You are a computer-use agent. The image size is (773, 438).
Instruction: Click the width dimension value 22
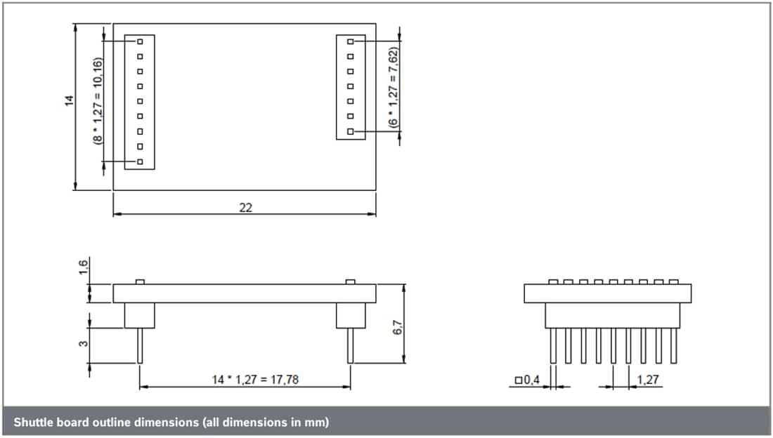pos(245,208)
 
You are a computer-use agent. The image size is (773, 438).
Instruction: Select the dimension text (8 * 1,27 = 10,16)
pos(98,101)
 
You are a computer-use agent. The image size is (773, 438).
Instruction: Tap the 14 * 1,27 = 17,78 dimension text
pos(245,379)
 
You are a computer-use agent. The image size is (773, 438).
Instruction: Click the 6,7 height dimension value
pos(397,327)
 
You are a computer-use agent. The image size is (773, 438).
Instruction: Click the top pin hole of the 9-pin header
pos(140,42)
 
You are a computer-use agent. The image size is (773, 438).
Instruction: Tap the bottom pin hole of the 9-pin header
pos(140,162)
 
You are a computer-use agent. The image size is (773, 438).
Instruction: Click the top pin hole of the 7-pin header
pos(350,42)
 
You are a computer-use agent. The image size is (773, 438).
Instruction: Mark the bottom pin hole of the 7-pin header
pos(350,131)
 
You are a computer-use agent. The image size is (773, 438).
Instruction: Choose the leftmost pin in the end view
pos(553,345)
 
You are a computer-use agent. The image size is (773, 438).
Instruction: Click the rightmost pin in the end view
pos(674,345)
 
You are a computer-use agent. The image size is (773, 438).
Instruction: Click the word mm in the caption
pos(313,423)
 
